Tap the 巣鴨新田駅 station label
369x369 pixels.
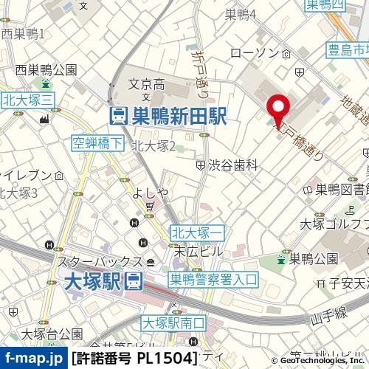point(168,116)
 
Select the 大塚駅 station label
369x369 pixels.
point(96,280)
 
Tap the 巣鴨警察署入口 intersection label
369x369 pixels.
point(213,280)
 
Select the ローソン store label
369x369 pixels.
point(252,54)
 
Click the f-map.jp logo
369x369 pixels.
point(34,358)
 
